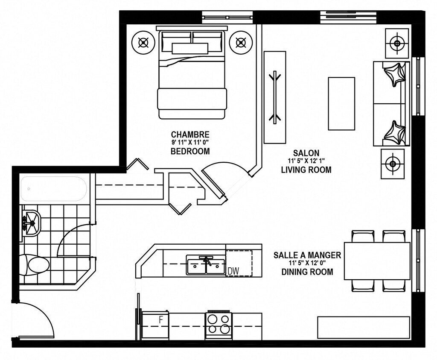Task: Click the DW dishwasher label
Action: pyautogui.click(x=233, y=271)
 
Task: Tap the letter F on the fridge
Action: pyautogui.click(x=161, y=320)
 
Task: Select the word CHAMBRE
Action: pyautogui.click(x=190, y=135)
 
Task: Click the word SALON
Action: pyautogui.click(x=306, y=153)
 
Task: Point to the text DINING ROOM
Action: pyautogui.click(x=307, y=272)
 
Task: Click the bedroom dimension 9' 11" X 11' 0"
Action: pyautogui.click(x=190, y=143)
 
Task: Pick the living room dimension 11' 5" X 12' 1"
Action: pyautogui.click(x=306, y=161)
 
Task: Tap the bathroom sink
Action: pyautogui.click(x=31, y=223)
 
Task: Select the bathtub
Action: pyautogui.click(x=53, y=189)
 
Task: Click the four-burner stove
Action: pyautogui.click(x=219, y=326)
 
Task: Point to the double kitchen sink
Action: pyautogui.click(x=206, y=265)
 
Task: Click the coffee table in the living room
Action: pyautogui.click(x=341, y=104)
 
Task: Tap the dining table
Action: pyautogui.click(x=377, y=261)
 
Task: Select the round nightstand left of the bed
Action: pyautogui.click(x=143, y=43)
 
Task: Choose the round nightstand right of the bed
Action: pyautogui.click(x=242, y=43)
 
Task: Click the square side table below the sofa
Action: pyautogui.click(x=393, y=164)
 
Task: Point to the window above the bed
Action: pyautogui.click(x=228, y=17)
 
